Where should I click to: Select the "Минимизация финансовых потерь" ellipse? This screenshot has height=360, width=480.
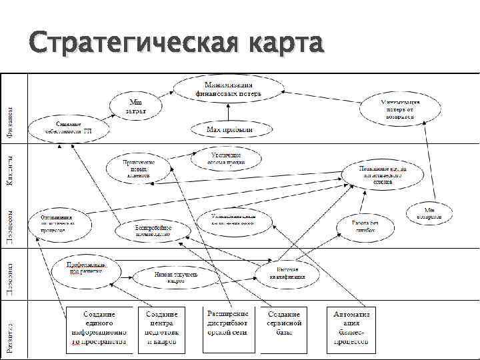tap(229, 89)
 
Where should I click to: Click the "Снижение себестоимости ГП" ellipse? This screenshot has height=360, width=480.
tap(69, 129)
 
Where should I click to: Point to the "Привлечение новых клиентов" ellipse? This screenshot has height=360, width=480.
tap(139, 167)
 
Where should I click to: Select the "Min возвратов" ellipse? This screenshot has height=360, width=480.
tap(431, 213)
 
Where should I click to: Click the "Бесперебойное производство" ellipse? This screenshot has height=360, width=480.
tap(153, 230)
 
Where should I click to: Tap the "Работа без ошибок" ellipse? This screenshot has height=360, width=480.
tap(365, 227)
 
